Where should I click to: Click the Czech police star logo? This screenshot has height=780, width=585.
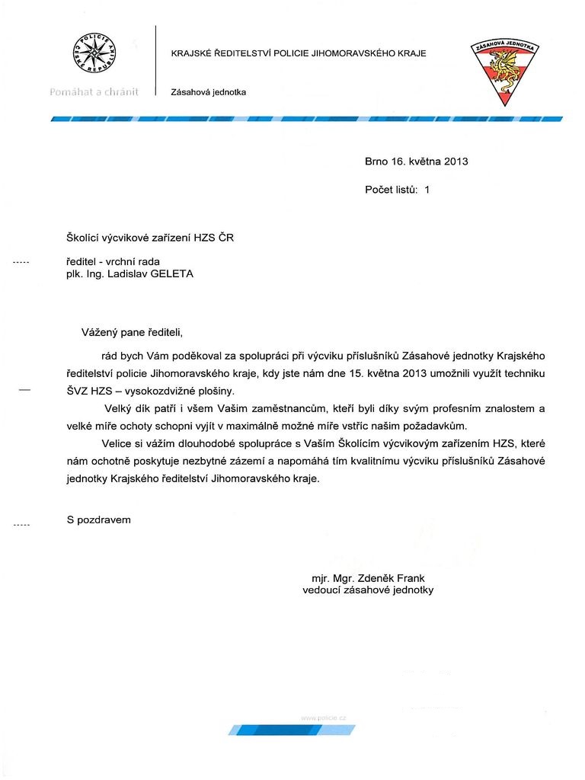[x=91, y=55]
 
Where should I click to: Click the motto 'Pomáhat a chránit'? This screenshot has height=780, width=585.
[x=93, y=92]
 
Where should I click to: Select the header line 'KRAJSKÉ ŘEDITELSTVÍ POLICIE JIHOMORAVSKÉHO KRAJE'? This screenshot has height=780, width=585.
[x=299, y=53]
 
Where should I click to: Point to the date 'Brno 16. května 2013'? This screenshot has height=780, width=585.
[x=417, y=161]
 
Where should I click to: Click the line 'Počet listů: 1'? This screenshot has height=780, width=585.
[x=398, y=190]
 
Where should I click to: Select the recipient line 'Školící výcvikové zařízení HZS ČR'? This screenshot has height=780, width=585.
[x=151, y=238]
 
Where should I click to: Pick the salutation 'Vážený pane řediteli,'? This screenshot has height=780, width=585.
[x=133, y=332]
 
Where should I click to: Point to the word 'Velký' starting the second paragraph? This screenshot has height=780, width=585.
[x=120, y=408]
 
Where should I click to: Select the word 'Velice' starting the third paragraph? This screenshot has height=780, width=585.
[x=117, y=444]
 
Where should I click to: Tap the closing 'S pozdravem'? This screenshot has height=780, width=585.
[x=99, y=519]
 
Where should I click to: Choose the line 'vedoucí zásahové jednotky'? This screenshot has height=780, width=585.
[x=368, y=590]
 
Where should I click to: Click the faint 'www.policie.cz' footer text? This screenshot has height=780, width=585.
[x=324, y=718]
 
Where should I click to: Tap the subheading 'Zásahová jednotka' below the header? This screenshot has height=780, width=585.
[x=209, y=92]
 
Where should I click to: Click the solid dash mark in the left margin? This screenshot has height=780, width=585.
[x=24, y=390]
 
